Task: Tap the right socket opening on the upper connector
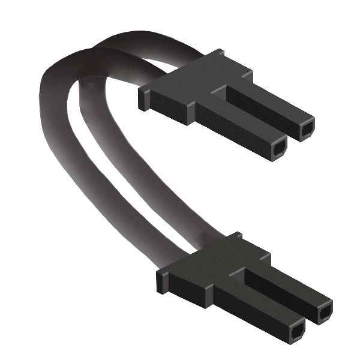[x=307, y=128]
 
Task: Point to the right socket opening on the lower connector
[x=325, y=313]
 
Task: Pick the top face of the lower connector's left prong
[x=264, y=300]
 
